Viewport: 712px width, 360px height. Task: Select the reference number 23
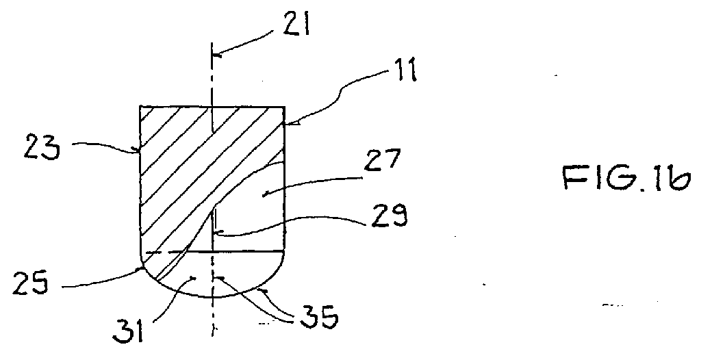click(x=41, y=146)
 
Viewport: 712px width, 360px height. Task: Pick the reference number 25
click(x=29, y=284)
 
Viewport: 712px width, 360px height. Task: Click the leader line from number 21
click(x=245, y=44)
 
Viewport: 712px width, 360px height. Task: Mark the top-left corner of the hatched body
click(x=140, y=107)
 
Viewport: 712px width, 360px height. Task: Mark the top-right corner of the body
click(x=285, y=107)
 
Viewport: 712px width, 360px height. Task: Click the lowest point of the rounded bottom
click(x=212, y=297)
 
